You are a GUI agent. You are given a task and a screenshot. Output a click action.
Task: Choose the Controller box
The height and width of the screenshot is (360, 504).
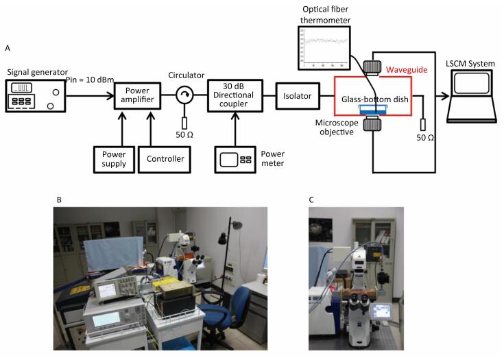point(165,158)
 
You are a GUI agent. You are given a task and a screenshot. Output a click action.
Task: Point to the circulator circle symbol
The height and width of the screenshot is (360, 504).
point(184,97)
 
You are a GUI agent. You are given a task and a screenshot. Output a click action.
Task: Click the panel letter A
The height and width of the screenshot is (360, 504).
point(8,48)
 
